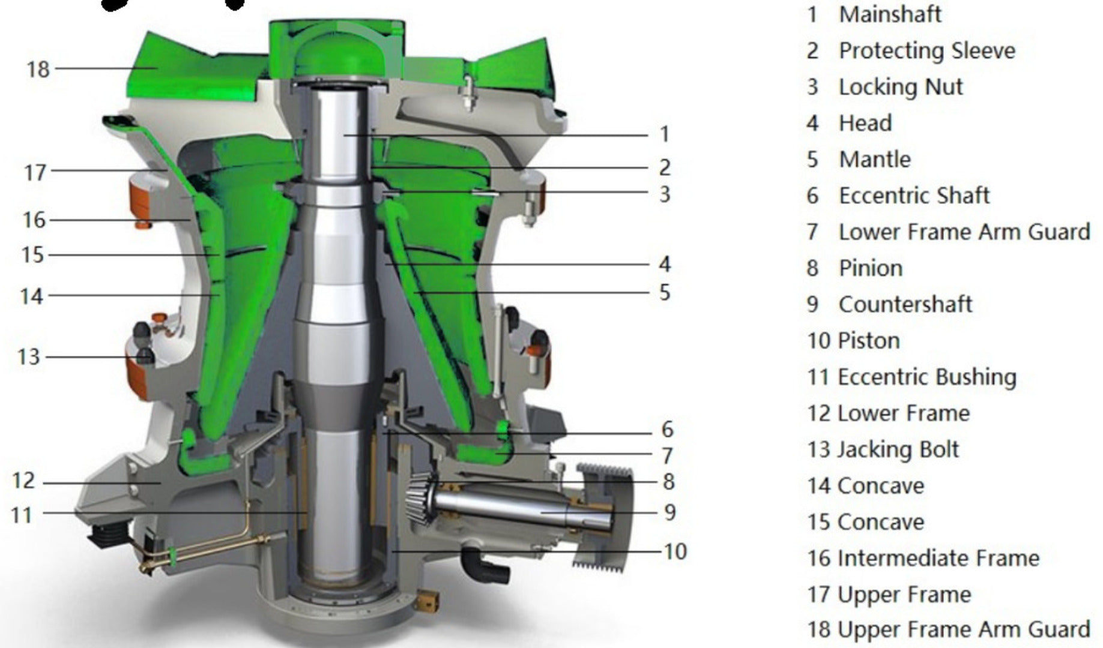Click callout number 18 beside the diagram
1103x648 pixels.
click(x=38, y=69)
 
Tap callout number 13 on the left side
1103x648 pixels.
click(x=29, y=357)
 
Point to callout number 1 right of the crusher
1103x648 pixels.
click(x=665, y=134)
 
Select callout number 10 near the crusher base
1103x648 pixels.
click(x=675, y=551)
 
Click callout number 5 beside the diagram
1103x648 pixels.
click(x=665, y=293)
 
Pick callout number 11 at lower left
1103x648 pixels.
click(x=22, y=515)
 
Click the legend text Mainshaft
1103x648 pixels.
click(x=890, y=14)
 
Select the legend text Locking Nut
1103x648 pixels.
click(x=901, y=87)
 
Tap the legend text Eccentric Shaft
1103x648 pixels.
click(x=914, y=196)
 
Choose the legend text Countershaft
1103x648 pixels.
click(x=905, y=304)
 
